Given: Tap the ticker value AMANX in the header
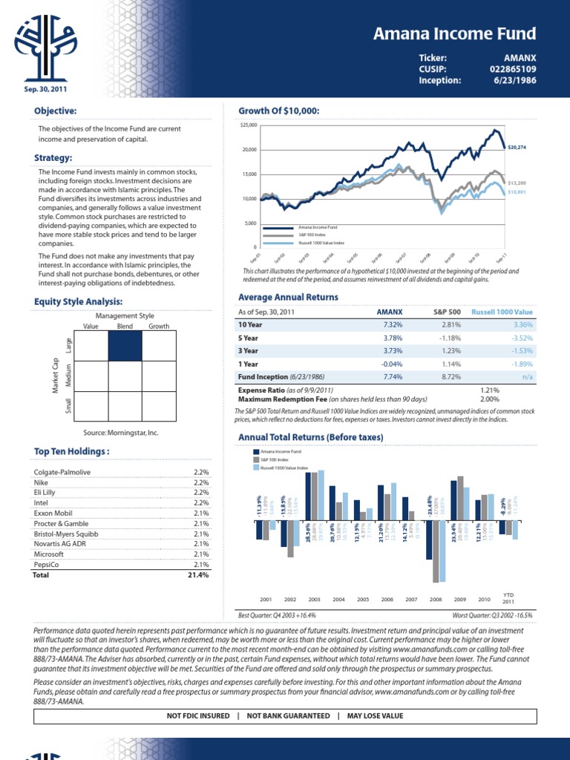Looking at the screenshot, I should pos(520,57).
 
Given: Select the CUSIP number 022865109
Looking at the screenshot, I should pos(512,69).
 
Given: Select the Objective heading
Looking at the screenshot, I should pos(56,111).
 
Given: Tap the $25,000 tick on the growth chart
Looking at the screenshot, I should pos(249,125).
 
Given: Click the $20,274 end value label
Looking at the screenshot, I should pos(517,148).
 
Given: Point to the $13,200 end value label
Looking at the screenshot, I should pos(517,182).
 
